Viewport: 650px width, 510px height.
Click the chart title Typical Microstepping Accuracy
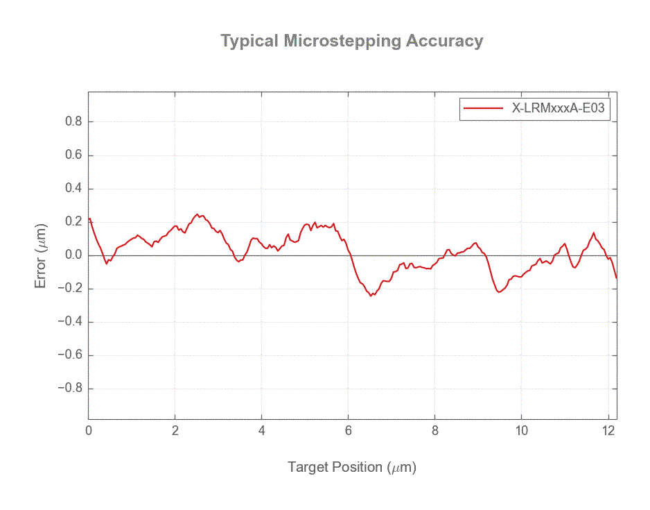[x=351, y=41]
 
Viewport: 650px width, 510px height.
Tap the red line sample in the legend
[x=483, y=108]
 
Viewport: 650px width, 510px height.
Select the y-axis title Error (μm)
[x=41, y=255]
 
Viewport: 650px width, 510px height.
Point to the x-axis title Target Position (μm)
[x=351, y=467]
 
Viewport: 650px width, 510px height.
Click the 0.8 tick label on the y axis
[x=73, y=122]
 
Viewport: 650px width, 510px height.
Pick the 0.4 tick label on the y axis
[x=73, y=189]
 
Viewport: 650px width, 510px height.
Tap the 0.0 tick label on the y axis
[x=73, y=255]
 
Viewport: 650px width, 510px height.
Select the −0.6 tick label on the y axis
[x=70, y=355]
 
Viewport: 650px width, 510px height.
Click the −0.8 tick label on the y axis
[x=70, y=389]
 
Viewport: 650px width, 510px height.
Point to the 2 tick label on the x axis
[x=175, y=430]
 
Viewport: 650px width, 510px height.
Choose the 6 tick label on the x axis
[x=349, y=430]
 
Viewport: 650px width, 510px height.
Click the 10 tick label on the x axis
[x=521, y=430]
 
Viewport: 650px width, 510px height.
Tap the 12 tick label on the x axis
[x=608, y=430]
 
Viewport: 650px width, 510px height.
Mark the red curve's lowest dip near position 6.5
[x=371, y=296]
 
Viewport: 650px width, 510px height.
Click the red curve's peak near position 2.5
[x=197, y=214]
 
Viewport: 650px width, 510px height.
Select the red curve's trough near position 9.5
[x=499, y=292]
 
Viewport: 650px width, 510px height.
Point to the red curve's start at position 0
[x=89, y=219]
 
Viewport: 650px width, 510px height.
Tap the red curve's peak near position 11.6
[x=594, y=233]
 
